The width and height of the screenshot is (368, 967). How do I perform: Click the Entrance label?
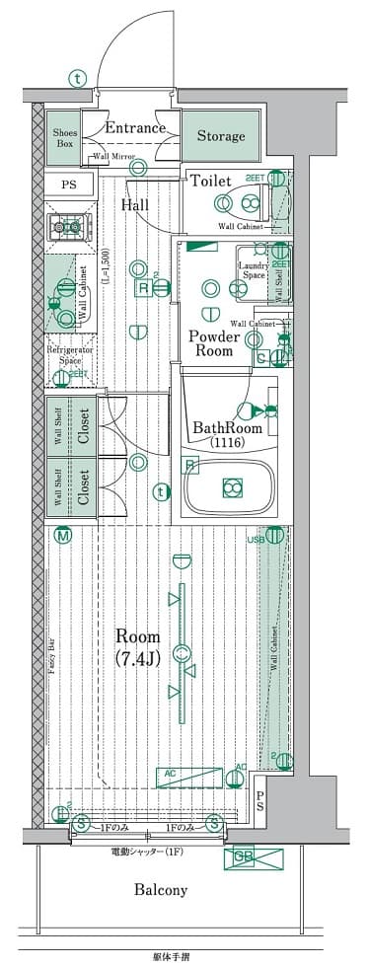click(x=135, y=127)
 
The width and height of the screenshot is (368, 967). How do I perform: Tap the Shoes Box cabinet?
click(x=66, y=136)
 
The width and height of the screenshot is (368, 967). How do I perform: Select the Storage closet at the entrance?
click(x=220, y=136)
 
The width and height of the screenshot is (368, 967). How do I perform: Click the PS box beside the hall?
click(x=68, y=185)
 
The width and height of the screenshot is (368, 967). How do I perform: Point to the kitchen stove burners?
click(x=69, y=227)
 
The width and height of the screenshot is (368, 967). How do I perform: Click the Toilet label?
click(x=211, y=182)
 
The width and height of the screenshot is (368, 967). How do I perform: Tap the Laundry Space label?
click(x=254, y=270)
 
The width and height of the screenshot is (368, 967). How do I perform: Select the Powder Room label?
click(x=212, y=342)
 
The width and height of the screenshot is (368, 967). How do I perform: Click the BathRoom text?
click(x=226, y=428)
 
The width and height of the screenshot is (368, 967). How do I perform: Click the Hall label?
click(x=135, y=205)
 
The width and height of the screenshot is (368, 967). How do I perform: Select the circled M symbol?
click(x=63, y=536)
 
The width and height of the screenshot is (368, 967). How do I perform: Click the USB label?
click(x=255, y=538)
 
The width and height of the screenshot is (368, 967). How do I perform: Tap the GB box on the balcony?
click(x=246, y=858)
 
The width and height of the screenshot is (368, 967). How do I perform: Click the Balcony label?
click(x=162, y=890)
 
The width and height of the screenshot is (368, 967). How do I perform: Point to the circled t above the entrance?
click(x=77, y=79)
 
